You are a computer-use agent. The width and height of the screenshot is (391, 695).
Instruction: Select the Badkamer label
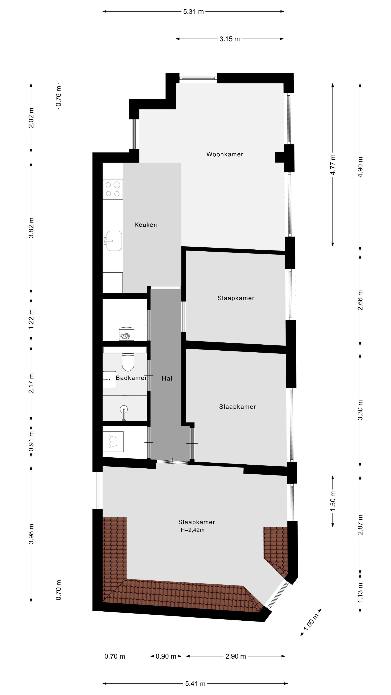[131, 378]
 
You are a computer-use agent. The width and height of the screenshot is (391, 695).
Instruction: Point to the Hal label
[167, 378]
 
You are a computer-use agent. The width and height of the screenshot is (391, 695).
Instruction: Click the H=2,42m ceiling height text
[192, 530]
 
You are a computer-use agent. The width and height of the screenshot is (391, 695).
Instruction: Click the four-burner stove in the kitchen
[113, 189]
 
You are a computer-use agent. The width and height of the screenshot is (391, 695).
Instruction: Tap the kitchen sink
[114, 241]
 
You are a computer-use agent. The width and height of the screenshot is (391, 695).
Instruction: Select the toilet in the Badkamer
[128, 362]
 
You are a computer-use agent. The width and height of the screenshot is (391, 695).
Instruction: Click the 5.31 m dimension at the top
[194, 12]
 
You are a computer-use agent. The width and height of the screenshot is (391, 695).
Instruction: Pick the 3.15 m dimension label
[229, 39]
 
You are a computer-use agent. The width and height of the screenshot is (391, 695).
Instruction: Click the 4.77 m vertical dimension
[333, 165]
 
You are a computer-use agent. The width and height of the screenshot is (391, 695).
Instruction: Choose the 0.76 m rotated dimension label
[58, 96]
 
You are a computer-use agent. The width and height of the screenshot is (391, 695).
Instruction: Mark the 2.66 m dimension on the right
[360, 300]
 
